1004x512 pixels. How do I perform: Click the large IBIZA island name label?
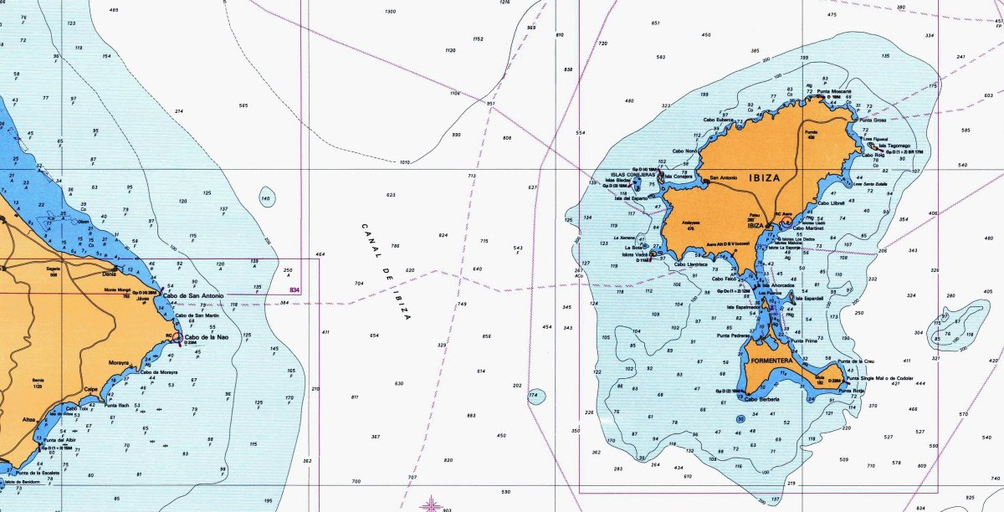pos(766,178)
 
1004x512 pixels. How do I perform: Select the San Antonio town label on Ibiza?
pos(725,177)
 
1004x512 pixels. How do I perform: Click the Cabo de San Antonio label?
pos(194,296)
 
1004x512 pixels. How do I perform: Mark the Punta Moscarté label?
pos(836,91)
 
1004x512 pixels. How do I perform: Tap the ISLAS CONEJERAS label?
pos(633,175)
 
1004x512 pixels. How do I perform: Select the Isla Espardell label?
pos(809,297)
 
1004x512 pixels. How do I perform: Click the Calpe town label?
pos(93,389)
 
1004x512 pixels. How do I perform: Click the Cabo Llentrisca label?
pos(698,263)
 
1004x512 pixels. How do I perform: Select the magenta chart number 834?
pos(295,289)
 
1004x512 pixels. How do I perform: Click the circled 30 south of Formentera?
pos(740,418)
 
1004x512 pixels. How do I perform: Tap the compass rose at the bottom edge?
pos(430,504)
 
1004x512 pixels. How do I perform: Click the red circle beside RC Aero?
pos(787,222)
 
